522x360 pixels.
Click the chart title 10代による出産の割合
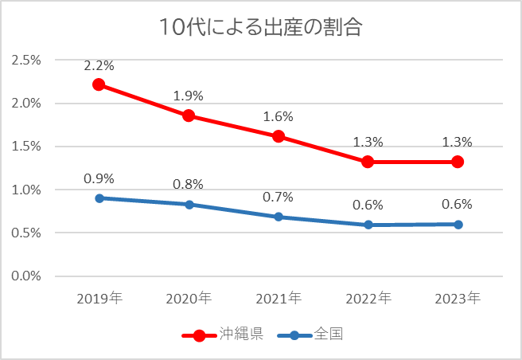pos(260,28)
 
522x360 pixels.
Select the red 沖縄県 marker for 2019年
pos(99,84)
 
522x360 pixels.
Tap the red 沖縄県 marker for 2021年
pos(279,136)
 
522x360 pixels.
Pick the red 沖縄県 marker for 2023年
pos(458,162)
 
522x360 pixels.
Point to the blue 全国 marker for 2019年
pos(99,198)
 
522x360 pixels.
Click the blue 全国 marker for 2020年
pos(189,205)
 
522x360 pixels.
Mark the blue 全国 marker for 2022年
pos(368,225)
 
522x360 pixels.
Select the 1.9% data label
pos(189,96)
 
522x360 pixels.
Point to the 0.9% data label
pos(99,178)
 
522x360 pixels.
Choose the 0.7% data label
pos(279,197)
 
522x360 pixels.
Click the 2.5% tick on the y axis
pos(26,61)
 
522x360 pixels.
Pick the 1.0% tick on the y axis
pos(26,190)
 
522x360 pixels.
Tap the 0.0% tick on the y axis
pos(26,276)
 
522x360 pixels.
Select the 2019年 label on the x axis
pos(99,299)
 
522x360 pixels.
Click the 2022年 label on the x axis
pos(368,299)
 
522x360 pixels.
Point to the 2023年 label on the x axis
pos(458,299)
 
